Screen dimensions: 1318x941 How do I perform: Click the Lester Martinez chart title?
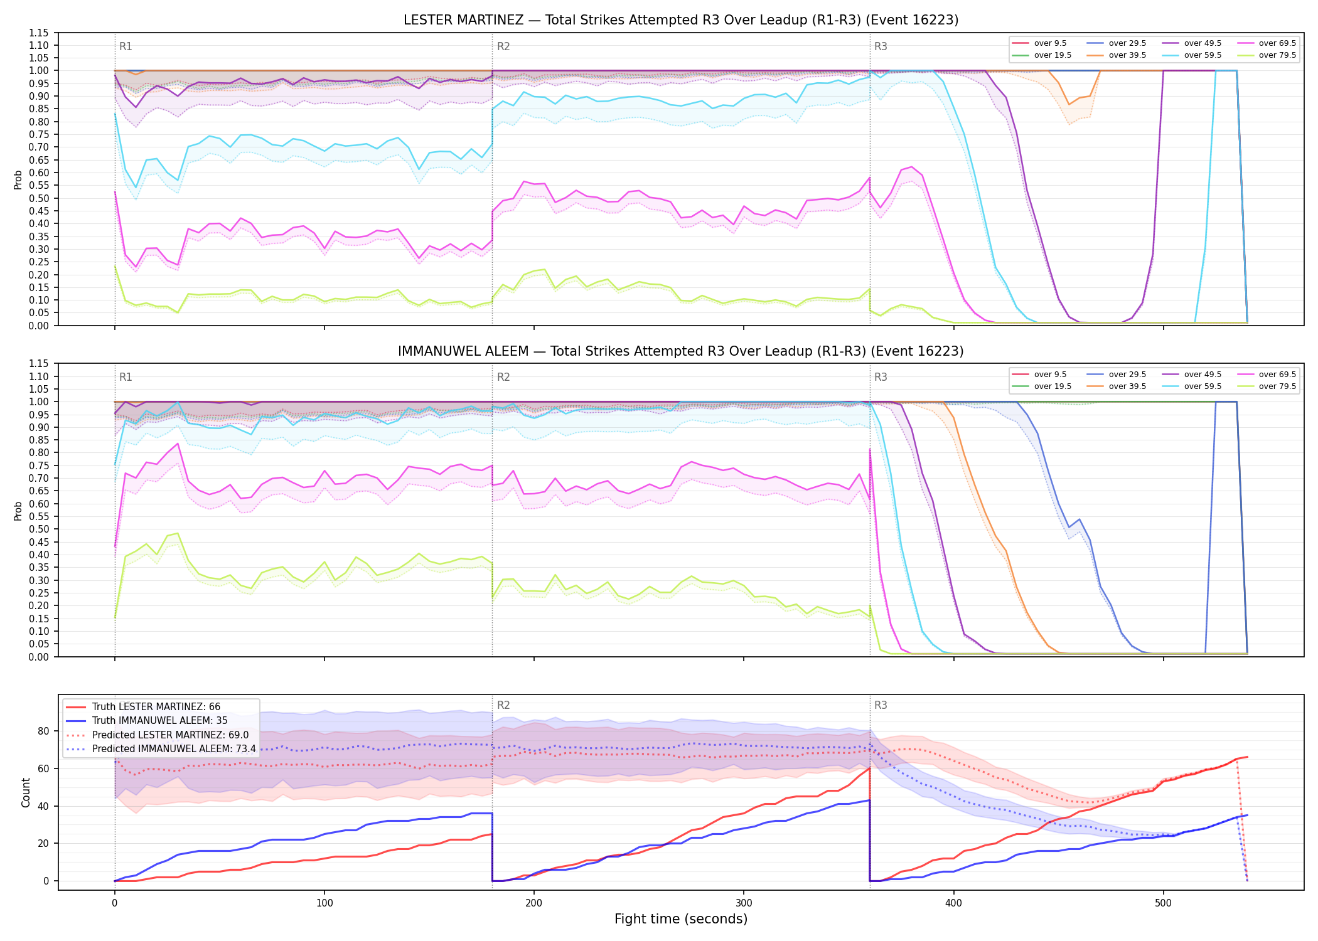click(x=681, y=20)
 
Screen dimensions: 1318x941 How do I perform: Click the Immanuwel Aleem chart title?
click(x=681, y=351)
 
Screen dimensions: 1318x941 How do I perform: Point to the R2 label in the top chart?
click(x=503, y=46)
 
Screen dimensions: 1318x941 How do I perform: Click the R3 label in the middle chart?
click(x=881, y=377)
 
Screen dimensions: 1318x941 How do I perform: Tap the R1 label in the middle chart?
click(x=126, y=377)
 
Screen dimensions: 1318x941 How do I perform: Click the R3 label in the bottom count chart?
click(x=881, y=705)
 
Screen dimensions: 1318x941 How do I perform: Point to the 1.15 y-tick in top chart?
click(x=40, y=33)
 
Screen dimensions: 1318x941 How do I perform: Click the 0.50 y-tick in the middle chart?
click(x=40, y=529)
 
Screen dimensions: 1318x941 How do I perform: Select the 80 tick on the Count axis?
click(x=43, y=731)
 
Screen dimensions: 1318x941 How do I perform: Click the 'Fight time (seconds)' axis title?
click(x=681, y=919)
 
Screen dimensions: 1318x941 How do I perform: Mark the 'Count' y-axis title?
click(x=26, y=792)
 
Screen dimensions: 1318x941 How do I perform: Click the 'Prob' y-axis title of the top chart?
click(x=18, y=179)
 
